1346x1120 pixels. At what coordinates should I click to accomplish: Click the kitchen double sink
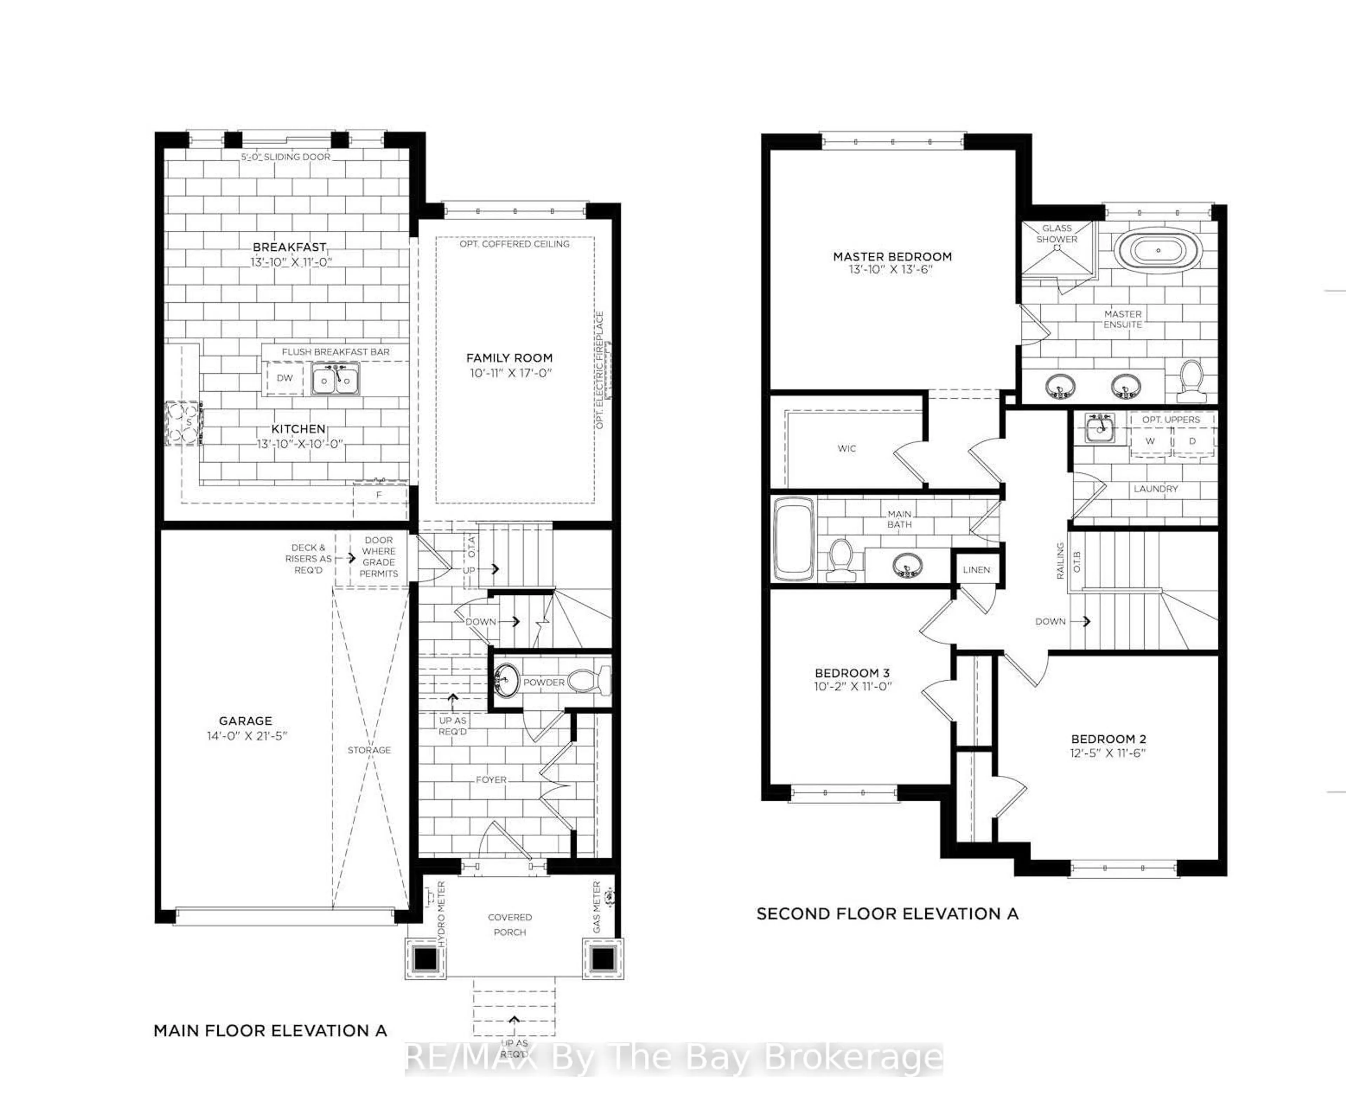click(335, 379)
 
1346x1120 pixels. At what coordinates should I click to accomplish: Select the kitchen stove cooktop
click(183, 423)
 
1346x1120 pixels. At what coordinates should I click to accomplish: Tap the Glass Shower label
click(1057, 233)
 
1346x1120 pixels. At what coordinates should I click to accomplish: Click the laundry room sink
click(1100, 427)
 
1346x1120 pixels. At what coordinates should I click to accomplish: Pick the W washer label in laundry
click(1150, 441)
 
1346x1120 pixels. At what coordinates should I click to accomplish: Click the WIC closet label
click(847, 448)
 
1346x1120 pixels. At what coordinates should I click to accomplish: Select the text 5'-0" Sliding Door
click(286, 156)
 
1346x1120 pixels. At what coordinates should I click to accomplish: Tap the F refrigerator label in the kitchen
click(379, 495)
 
